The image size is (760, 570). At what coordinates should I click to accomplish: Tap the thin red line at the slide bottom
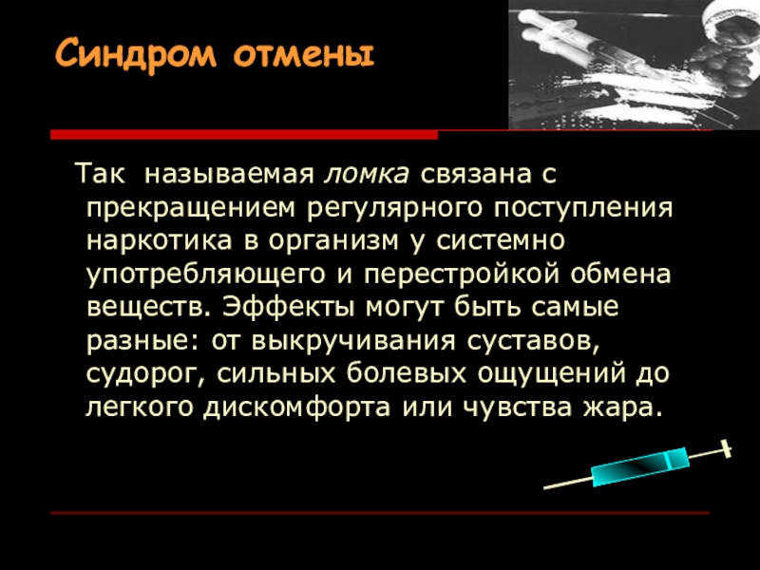tap(380, 513)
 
